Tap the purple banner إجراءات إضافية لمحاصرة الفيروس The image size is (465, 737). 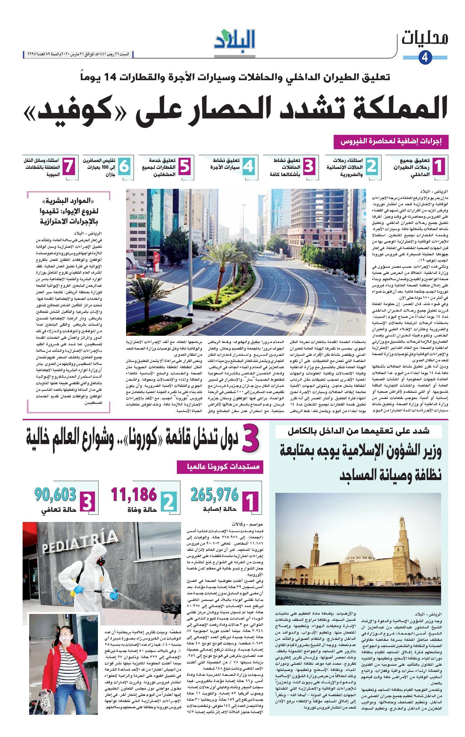coord(391,142)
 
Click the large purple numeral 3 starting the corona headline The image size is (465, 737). coord(251,440)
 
